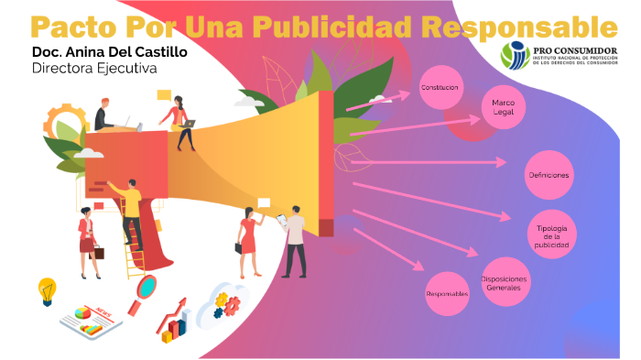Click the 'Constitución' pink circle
[440, 87]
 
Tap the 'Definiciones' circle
[549, 174]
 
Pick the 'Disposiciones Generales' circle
[503, 283]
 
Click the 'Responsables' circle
[447, 293]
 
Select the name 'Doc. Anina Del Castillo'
[109, 52]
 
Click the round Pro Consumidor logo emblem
[515, 55]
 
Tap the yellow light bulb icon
[47, 290]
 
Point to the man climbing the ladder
[130, 211]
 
